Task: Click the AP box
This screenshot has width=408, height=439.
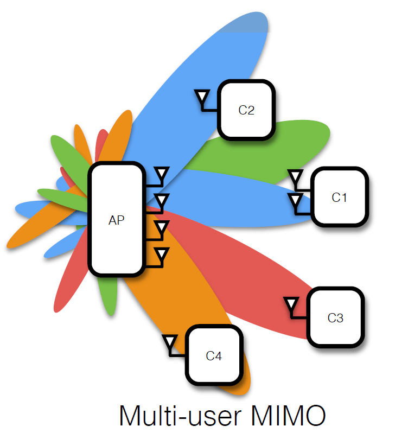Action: point(117,220)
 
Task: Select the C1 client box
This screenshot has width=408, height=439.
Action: point(339,197)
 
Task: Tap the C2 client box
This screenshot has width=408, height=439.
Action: point(246,110)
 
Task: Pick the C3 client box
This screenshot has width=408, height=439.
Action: point(335,317)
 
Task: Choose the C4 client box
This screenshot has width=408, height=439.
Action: point(214,356)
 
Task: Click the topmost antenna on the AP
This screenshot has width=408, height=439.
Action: point(161,175)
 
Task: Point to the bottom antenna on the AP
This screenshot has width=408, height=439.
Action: point(161,255)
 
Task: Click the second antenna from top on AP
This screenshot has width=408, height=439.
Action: point(161,201)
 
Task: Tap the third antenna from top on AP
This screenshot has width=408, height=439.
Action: point(161,228)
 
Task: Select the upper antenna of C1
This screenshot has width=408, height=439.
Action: point(296,177)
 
